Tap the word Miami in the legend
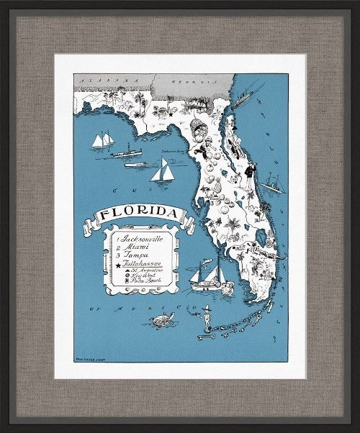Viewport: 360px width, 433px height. [137, 246]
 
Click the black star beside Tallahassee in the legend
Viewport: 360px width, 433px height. [117, 265]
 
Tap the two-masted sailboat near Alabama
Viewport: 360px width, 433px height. [102, 140]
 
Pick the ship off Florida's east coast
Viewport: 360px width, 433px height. [273, 183]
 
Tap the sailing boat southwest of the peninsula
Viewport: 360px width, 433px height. [206, 276]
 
